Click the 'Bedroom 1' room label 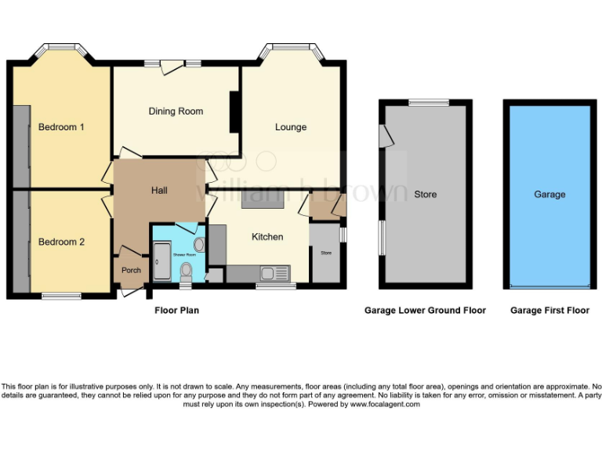(x=61, y=127)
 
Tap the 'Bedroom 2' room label (x=61, y=242)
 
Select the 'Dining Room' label (x=176, y=111)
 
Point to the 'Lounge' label (x=290, y=127)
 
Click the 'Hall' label (x=159, y=191)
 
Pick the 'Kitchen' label (x=267, y=236)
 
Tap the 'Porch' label (x=131, y=271)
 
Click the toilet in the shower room (x=186, y=272)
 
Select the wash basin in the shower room (x=198, y=245)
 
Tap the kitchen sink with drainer (x=275, y=273)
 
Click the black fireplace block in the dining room (x=234, y=112)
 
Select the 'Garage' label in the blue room (x=549, y=195)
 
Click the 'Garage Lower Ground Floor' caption (x=425, y=311)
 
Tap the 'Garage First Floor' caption (x=549, y=311)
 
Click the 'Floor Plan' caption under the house (x=176, y=311)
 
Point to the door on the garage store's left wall (x=383, y=136)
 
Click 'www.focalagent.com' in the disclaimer (x=385, y=404)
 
